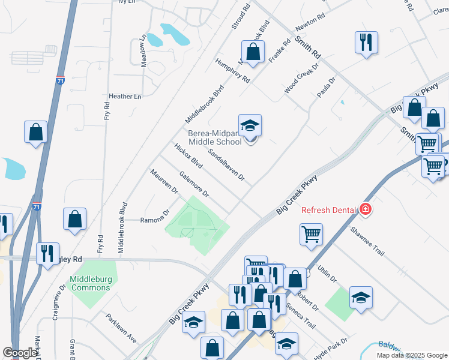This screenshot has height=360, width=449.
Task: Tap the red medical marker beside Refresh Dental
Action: [365, 210]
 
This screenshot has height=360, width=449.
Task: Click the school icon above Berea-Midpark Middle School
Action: [250, 126]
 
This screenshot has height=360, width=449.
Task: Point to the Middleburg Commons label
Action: [90, 283]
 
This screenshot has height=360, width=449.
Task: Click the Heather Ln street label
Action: [125, 97]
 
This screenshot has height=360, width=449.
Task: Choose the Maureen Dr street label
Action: [164, 182]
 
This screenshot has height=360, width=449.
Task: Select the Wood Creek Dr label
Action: [300, 80]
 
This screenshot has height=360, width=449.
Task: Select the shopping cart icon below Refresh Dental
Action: [310, 234]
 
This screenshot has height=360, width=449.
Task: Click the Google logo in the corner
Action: [20, 353]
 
